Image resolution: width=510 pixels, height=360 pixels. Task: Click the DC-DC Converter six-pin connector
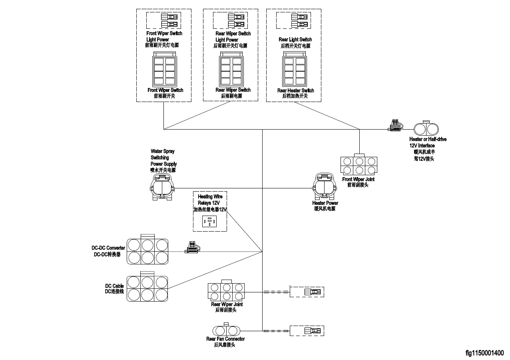coord(147,251)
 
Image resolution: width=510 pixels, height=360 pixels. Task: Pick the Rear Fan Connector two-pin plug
coord(226,331)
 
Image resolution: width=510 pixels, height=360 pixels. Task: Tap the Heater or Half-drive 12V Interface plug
coord(426,129)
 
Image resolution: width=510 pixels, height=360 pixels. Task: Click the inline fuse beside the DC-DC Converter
coord(192,249)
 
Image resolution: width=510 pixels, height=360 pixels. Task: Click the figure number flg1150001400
coord(484,353)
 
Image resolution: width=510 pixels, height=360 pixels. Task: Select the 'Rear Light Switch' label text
coord(295,40)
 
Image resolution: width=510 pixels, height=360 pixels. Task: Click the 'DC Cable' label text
coord(114,286)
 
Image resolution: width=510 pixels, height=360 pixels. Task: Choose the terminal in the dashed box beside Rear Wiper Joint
coord(312,292)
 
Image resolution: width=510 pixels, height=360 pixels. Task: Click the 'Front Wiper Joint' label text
coord(358,180)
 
